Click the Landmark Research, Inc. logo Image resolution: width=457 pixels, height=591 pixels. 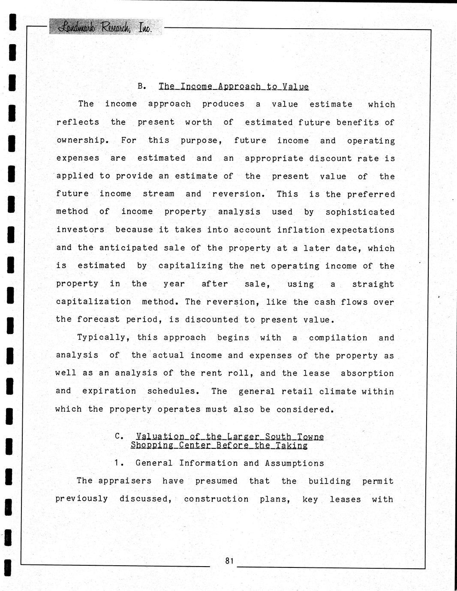[105, 27]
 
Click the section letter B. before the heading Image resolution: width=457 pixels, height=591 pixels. [142, 86]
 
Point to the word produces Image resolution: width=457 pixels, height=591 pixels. [223, 104]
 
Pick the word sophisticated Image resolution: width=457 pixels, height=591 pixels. [360, 212]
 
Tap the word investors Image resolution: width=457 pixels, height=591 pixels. [80, 230]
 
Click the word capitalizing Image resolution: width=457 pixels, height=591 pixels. [190, 266]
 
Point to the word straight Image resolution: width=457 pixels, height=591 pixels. [373, 284]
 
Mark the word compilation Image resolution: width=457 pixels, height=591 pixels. [338, 338]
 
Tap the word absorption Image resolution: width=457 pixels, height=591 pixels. [367, 373]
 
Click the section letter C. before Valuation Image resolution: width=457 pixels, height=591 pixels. [120, 436]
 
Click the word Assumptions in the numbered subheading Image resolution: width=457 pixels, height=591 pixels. [295, 463]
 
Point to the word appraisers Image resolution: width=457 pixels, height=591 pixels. [125, 481]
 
